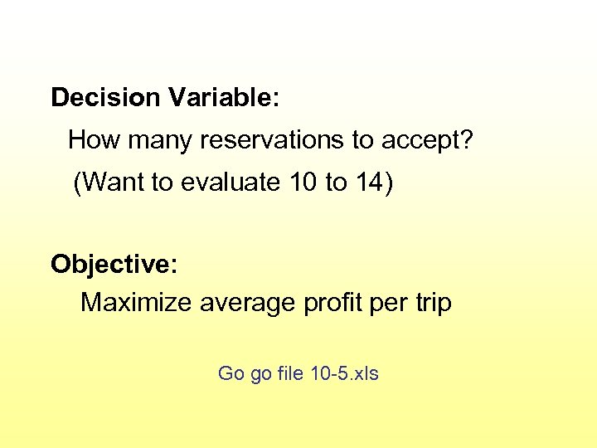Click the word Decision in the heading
pos(105,98)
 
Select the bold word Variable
pos(218,98)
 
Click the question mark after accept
pos(468,140)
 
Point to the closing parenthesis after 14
pos(386,183)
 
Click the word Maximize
pos(136,303)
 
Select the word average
pos(246,303)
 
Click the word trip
pos(433,303)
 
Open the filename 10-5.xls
pos(344,373)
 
